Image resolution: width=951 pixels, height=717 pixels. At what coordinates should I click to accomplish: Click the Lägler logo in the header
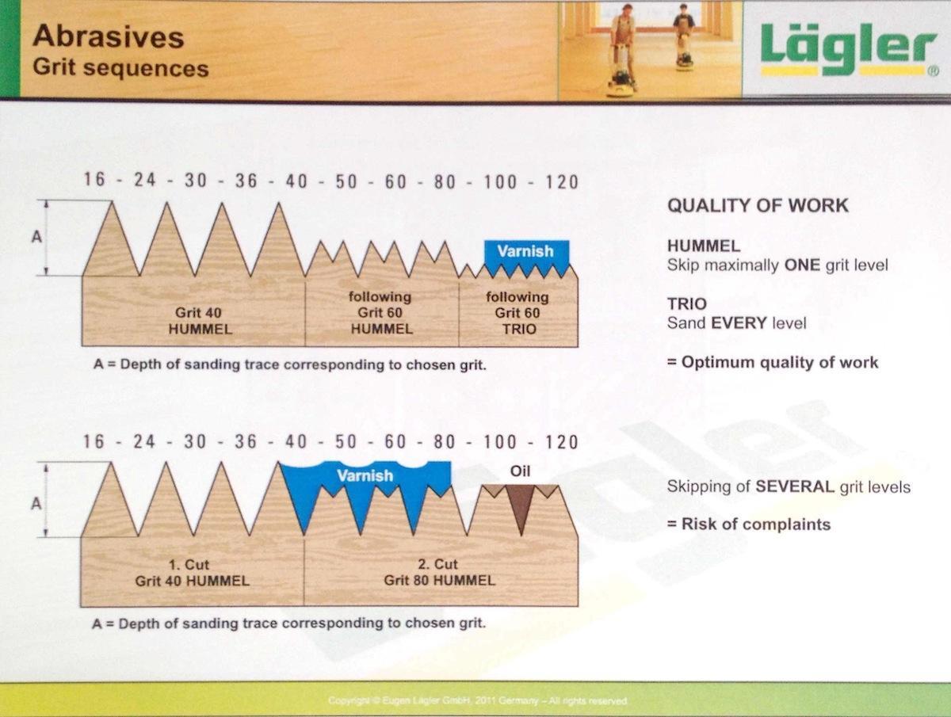pos(846,49)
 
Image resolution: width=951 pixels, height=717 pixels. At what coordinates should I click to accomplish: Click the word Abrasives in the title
pos(109,36)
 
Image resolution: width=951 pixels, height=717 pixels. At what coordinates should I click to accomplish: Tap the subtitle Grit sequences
pos(120,67)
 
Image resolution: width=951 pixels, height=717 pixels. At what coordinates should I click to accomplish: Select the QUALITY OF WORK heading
pos(757,206)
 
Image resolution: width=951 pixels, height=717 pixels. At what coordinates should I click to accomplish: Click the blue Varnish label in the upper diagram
pos(525,251)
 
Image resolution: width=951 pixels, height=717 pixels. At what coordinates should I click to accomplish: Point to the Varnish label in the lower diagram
pos(365,475)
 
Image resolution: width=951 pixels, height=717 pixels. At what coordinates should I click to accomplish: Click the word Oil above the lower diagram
pos(520,471)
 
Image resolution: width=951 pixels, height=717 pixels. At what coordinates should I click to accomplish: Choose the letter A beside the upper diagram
pos(36,237)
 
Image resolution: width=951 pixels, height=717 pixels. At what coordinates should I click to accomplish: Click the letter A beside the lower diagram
pos(36,503)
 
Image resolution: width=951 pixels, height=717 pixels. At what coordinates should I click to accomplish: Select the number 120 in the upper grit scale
pos(562,181)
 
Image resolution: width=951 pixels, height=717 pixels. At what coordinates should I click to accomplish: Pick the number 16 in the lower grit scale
pos(94,442)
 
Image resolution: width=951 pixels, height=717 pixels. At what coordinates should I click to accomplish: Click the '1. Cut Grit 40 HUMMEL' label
pos(192,573)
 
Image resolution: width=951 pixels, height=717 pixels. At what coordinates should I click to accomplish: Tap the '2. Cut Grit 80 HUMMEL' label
pos(440,573)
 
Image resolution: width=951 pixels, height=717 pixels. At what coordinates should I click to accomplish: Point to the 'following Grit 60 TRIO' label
pos(518,312)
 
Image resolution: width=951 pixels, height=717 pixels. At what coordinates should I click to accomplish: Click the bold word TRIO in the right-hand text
pos(687,303)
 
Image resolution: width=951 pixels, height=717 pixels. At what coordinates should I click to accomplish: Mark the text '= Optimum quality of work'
pos(772,363)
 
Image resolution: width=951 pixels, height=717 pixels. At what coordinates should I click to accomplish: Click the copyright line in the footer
pos(478,701)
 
